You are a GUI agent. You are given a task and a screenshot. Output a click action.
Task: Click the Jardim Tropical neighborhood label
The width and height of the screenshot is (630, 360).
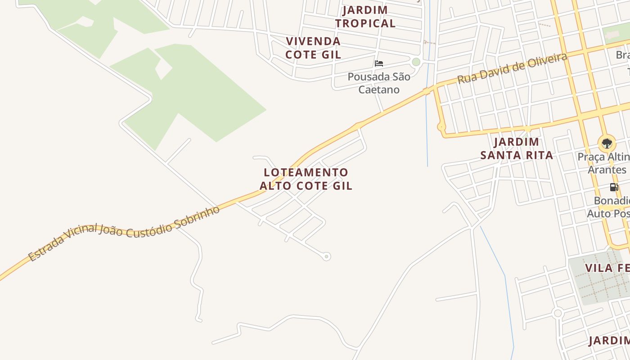(365, 17)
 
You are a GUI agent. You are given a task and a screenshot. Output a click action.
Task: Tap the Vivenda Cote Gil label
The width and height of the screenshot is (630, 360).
(314, 48)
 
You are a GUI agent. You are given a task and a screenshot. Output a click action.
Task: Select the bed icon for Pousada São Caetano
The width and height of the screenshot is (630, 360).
(379, 63)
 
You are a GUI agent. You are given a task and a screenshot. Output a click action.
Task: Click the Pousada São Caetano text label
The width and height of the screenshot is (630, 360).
(379, 83)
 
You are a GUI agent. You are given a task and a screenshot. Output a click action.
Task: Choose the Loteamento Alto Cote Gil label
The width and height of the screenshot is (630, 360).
(306, 179)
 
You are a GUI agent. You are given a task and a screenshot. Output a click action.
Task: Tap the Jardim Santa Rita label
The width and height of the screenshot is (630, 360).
(517, 148)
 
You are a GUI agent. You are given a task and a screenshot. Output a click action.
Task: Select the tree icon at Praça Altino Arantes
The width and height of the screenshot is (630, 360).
(607, 144)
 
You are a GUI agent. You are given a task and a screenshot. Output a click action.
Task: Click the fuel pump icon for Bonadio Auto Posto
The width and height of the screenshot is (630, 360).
(614, 187)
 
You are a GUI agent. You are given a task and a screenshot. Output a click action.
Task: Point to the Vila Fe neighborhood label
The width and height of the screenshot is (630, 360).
(607, 268)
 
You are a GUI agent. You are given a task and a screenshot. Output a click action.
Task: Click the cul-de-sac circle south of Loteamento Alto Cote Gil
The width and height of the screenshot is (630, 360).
(327, 256)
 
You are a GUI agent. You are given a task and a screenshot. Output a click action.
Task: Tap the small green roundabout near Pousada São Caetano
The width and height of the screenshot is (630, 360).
(416, 62)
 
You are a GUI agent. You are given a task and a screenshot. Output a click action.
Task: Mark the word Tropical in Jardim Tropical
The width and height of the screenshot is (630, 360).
(365, 23)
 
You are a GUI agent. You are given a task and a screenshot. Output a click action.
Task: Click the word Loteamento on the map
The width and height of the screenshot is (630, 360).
(306, 172)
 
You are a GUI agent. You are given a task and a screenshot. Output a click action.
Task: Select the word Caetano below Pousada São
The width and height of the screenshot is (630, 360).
(379, 90)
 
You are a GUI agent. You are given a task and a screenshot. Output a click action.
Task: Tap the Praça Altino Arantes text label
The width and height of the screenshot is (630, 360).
(603, 163)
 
